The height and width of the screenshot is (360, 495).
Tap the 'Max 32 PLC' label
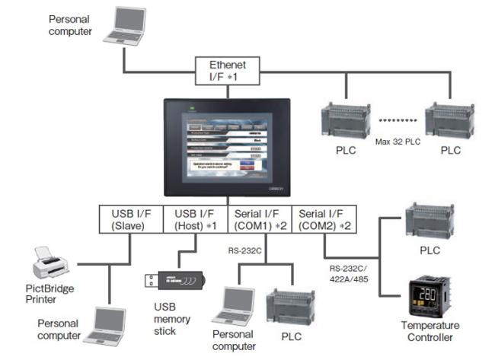(398, 142)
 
